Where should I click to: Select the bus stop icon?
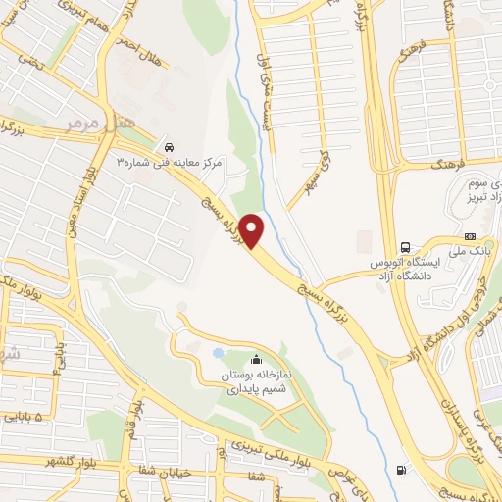405,246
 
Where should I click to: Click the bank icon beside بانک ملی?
470,237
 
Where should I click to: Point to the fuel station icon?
400,469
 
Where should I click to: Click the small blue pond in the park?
217,353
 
